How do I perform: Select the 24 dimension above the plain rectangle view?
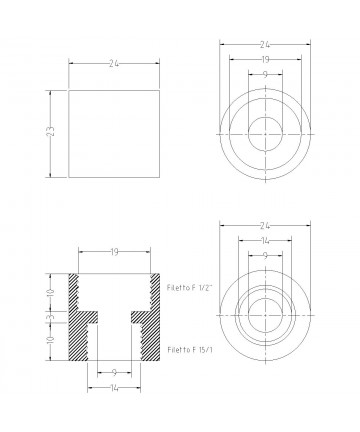tap(114, 64)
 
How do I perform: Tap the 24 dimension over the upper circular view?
tap(265, 44)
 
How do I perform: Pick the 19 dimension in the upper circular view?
tap(265, 60)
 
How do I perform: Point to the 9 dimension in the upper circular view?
tap(265, 74)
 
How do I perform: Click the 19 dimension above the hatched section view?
tap(114, 252)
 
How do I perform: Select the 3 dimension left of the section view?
tap(51, 316)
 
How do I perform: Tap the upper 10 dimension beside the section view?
tap(51, 293)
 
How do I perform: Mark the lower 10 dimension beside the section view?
tap(51, 340)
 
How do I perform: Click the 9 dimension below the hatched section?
tap(114, 373)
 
